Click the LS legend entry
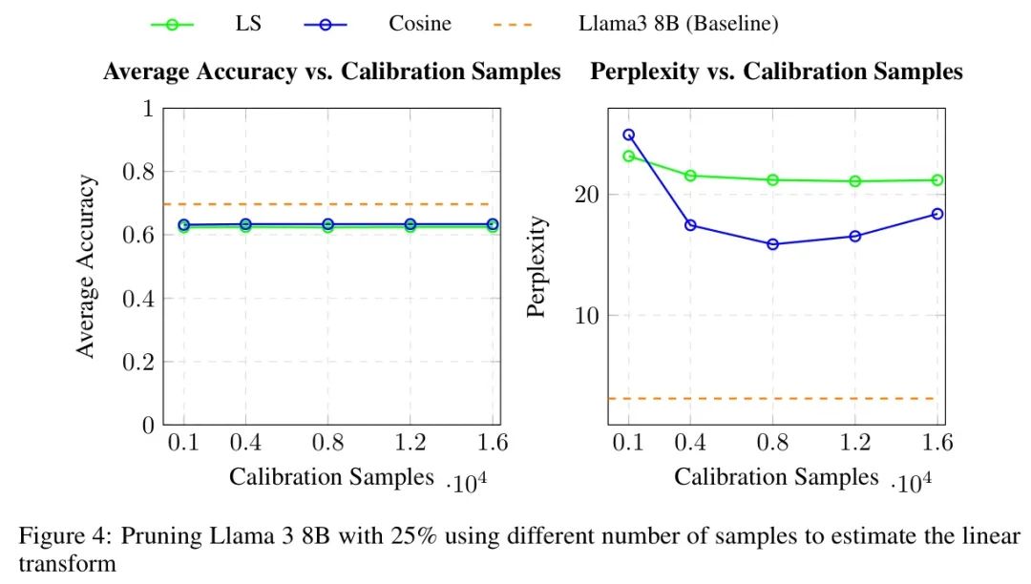coord(247,24)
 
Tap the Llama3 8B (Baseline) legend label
coord(678,24)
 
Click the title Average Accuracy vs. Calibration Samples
coord(331,72)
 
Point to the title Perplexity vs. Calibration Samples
coord(777,72)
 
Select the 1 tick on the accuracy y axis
coord(148,109)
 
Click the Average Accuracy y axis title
coord(87,266)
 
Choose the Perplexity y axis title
coord(538,266)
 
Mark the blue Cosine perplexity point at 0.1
coord(628,135)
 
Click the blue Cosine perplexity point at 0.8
coord(772,244)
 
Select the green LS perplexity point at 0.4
coord(690,176)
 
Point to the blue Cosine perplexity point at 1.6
coord(937,214)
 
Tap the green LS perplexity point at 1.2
coord(855,181)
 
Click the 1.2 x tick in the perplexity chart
coord(855,443)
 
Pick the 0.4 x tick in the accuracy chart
coord(245,443)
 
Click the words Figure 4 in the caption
coord(55,535)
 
